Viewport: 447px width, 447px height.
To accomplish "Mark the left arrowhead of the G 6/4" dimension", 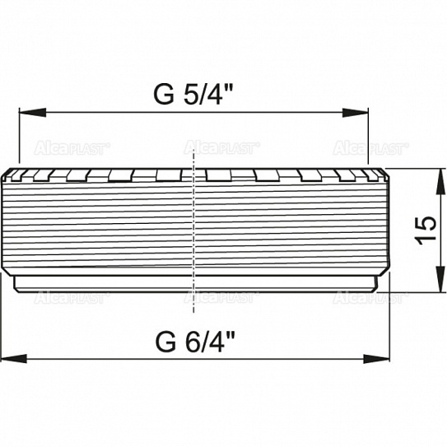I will [12, 360].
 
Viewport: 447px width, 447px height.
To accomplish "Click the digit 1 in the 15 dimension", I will [423, 240].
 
